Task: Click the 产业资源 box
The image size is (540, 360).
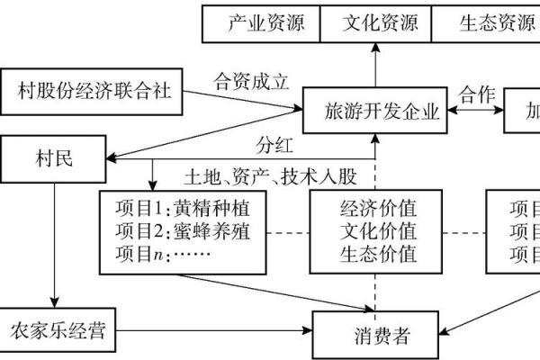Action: click(259, 23)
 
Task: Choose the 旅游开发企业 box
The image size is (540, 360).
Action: click(382, 112)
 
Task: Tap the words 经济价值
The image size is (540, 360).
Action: click(378, 208)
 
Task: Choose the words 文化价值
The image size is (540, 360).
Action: click(378, 231)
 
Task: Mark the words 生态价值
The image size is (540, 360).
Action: click(378, 255)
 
